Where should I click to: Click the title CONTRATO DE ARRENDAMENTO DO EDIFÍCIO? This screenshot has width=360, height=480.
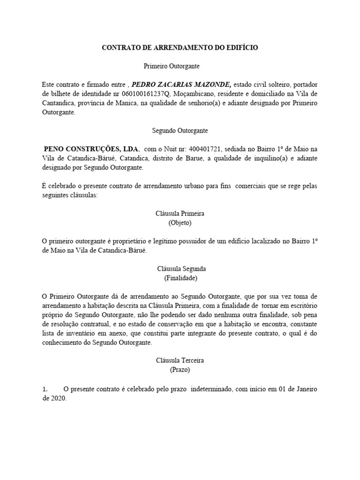click(180, 48)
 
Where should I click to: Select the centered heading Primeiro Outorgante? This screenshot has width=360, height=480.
click(180, 67)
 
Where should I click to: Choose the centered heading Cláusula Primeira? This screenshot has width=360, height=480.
click(180, 213)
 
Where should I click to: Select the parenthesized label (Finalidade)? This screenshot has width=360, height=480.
click(180, 277)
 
